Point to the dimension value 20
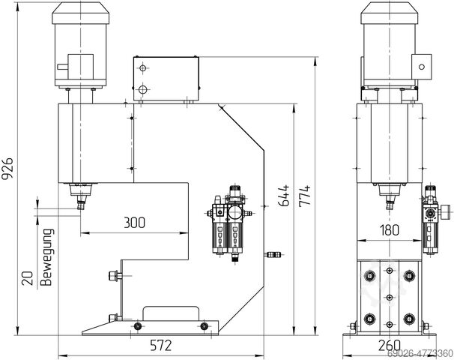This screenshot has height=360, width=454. coord(27,279)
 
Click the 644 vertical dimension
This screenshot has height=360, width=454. coord(283,196)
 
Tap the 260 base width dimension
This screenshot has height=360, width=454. coord(387,346)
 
